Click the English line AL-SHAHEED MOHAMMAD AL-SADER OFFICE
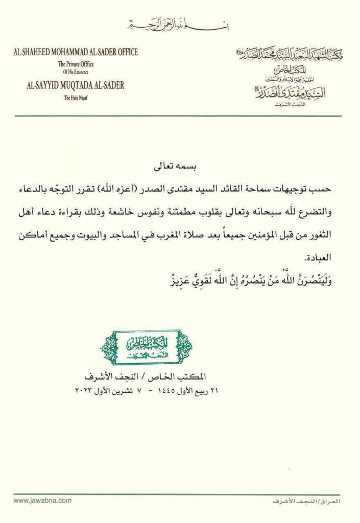pyautogui.click(x=76, y=52)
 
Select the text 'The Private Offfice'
pyautogui.click(x=76, y=64)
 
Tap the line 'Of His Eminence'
pyautogui.click(x=76, y=73)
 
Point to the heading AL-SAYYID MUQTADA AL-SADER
pyautogui.click(x=76, y=85)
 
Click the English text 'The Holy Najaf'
pyautogui.click(x=76, y=98)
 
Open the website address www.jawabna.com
pyautogui.click(x=42, y=502)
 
